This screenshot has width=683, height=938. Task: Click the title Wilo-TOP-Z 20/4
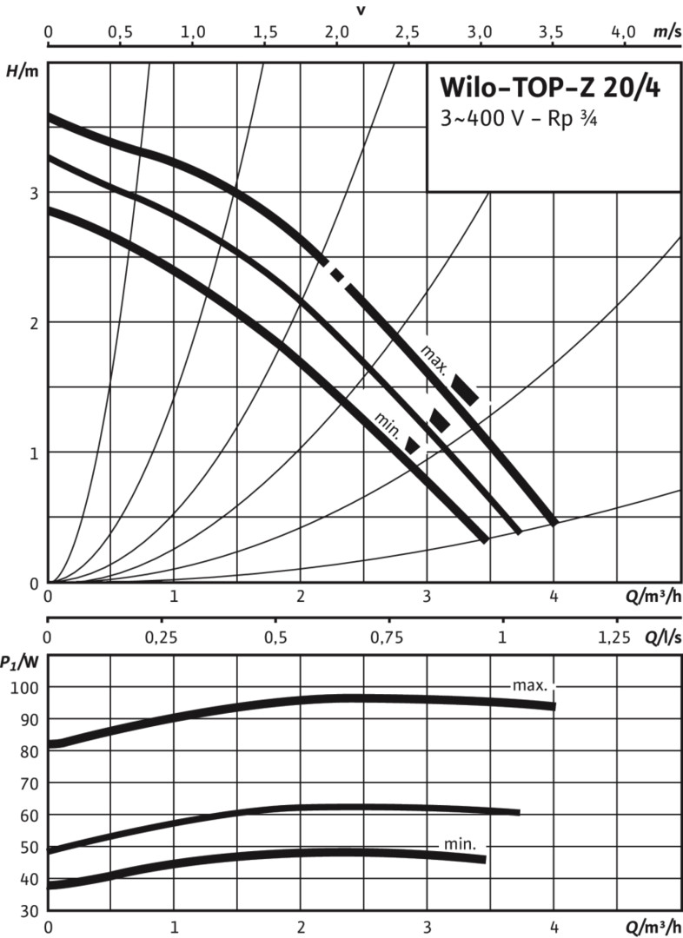click(550, 89)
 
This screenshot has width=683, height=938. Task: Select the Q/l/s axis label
click(663, 637)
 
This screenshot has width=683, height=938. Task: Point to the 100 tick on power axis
click(29, 687)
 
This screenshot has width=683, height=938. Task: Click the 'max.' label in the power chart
click(529, 685)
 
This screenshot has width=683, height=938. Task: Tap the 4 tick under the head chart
click(554, 597)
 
